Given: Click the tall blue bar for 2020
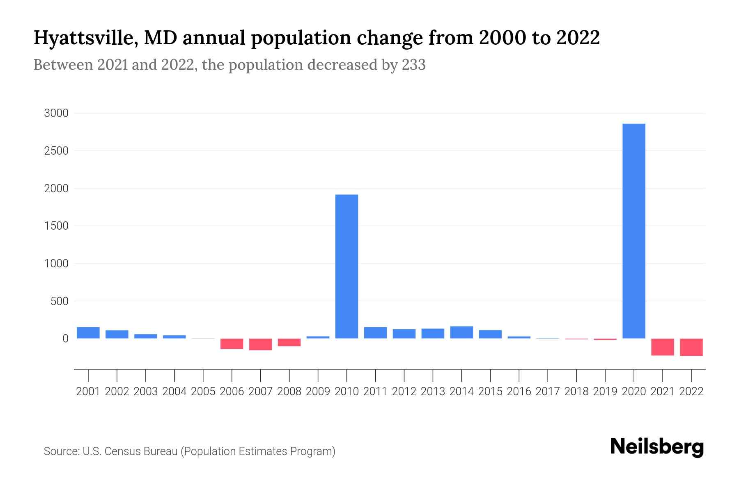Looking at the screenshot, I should click(633, 231).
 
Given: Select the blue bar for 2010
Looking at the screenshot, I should click(347, 266).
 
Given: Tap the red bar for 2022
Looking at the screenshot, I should click(691, 347).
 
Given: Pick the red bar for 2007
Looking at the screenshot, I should click(261, 344).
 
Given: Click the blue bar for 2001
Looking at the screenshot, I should click(88, 333).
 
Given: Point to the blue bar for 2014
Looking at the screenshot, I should click(461, 332).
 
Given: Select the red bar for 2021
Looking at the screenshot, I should click(662, 347).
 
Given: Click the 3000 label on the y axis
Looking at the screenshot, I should click(56, 113).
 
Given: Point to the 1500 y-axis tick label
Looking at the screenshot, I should click(56, 226).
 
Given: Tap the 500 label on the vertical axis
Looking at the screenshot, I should click(59, 301).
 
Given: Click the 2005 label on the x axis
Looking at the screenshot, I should click(203, 392).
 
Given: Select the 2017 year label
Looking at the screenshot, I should click(547, 392).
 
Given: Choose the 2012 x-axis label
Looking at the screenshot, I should click(404, 392).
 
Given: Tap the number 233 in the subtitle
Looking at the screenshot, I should click(413, 65).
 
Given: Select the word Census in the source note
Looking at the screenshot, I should click(120, 451).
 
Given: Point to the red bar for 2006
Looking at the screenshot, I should click(232, 344).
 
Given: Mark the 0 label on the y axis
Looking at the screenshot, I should click(65, 339).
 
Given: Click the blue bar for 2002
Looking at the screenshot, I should click(117, 334).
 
